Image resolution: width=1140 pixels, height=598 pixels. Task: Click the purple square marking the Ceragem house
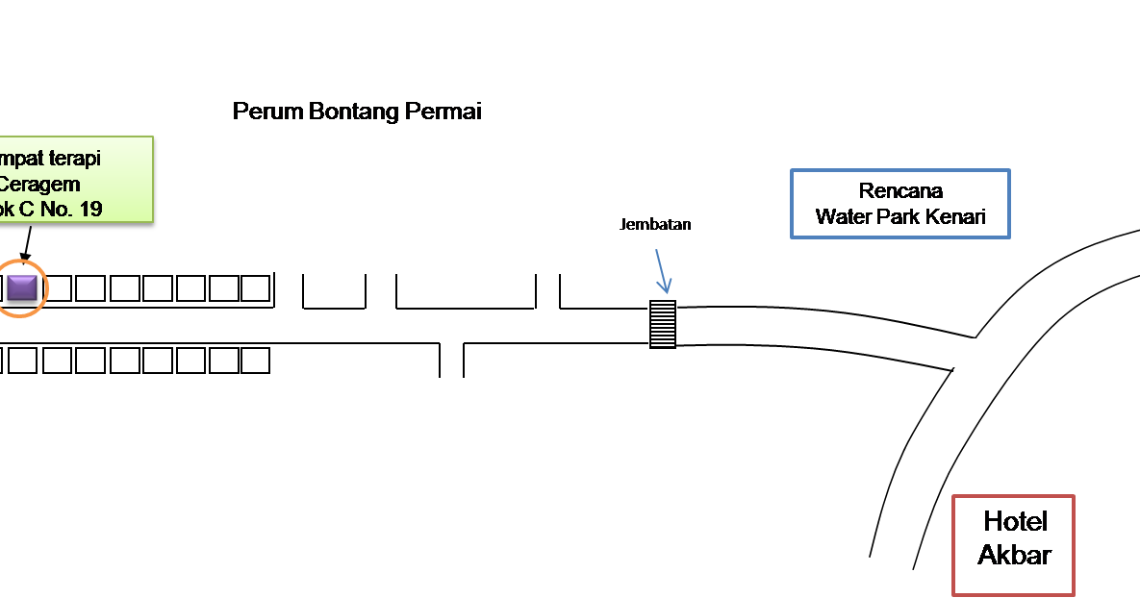click(21, 287)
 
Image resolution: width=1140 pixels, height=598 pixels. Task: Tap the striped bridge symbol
click(662, 324)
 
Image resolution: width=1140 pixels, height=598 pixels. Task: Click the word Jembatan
click(655, 224)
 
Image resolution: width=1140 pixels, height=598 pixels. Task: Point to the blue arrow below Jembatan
click(661, 271)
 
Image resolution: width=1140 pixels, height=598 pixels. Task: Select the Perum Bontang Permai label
click(357, 112)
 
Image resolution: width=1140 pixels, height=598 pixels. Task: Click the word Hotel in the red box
click(1015, 522)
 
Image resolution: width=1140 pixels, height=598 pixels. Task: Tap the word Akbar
click(1014, 555)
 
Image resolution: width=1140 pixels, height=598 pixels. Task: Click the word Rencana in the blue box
click(900, 190)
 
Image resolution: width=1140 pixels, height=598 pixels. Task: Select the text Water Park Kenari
click(900, 216)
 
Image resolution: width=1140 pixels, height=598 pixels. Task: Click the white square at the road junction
click(963, 353)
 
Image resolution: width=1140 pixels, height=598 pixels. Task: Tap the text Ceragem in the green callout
click(40, 184)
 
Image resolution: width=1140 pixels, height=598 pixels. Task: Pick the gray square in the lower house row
click(23, 361)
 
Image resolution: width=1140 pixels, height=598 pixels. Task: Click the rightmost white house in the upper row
click(255, 288)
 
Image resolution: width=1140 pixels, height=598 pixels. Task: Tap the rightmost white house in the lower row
click(255, 361)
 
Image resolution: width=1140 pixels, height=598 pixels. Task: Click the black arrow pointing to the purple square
click(26, 247)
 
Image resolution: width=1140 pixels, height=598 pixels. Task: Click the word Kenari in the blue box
click(956, 216)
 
